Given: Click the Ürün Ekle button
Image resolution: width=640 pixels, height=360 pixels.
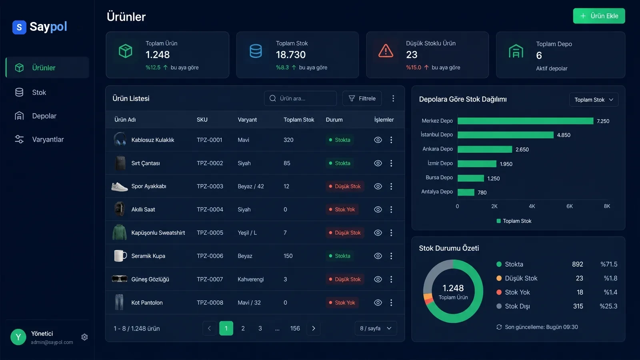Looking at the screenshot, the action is tap(599, 16).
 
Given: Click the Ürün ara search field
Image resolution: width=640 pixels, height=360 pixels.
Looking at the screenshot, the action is tap(300, 98).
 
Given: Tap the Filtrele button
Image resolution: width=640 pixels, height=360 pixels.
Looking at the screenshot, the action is tap(362, 98).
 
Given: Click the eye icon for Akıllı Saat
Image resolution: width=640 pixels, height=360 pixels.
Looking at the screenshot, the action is tap(378, 210).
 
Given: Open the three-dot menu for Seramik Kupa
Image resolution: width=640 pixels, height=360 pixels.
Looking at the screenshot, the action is tap(391, 256).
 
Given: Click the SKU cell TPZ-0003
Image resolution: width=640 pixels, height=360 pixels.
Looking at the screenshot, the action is tap(210, 186).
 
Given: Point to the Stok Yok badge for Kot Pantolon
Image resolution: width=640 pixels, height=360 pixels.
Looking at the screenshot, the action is tap(342, 302).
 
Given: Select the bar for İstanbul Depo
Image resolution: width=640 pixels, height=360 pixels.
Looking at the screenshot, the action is tap(506, 135).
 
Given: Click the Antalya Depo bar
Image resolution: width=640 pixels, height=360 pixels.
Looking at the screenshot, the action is tap(466, 192).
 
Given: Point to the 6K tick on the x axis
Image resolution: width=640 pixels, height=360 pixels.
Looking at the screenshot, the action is tap(570, 206).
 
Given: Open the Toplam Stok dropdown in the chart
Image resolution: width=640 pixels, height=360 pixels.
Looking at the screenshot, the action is tap(594, 100).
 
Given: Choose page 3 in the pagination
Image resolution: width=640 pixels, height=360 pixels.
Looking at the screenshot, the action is tap(260, 328).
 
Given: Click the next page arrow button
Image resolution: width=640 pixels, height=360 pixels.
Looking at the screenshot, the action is tap(314, 328).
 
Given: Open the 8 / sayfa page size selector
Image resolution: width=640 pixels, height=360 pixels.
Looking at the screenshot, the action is tap(376, 328).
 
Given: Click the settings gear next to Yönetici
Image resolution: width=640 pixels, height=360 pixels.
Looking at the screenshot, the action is tap(84, 337).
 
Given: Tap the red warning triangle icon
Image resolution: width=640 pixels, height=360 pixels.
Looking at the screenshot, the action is tap(386, 51).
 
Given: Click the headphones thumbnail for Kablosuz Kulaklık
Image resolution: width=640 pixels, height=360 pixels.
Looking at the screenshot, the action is tap(120, 139).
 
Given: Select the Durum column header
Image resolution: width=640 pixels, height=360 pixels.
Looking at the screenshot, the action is tap(334, 120).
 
